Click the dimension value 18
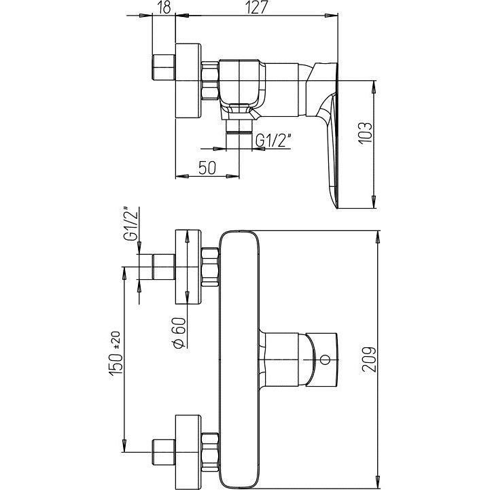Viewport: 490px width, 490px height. [164, 7]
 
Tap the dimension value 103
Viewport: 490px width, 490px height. [365, 133]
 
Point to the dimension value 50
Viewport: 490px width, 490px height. [207, 168]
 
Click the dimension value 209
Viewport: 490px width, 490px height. [369, 359]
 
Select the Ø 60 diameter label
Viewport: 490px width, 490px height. [179, 332]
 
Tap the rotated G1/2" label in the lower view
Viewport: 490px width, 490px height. [130, 223]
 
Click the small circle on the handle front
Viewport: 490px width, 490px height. [326, 360]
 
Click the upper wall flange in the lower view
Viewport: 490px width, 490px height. [188, 267]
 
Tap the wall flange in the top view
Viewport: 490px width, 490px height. [188, 81]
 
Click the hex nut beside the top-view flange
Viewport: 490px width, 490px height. [210, 81]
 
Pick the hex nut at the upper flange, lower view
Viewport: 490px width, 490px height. [210, 267]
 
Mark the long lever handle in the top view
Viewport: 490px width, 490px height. [330, 135]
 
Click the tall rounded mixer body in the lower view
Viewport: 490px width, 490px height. [240, 360]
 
